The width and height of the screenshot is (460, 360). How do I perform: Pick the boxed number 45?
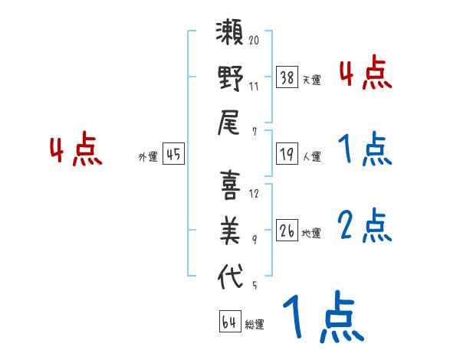[x=174, y=155]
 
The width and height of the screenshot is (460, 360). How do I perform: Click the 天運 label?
[x=312, y=80]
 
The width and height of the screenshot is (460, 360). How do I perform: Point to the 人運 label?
[x=312, y=157]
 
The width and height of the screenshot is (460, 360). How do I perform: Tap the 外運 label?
[x=148, y=157]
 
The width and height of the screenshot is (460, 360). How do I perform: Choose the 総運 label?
[x=255, y=324]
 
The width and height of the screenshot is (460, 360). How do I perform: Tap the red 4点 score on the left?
[x=76, y=150]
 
